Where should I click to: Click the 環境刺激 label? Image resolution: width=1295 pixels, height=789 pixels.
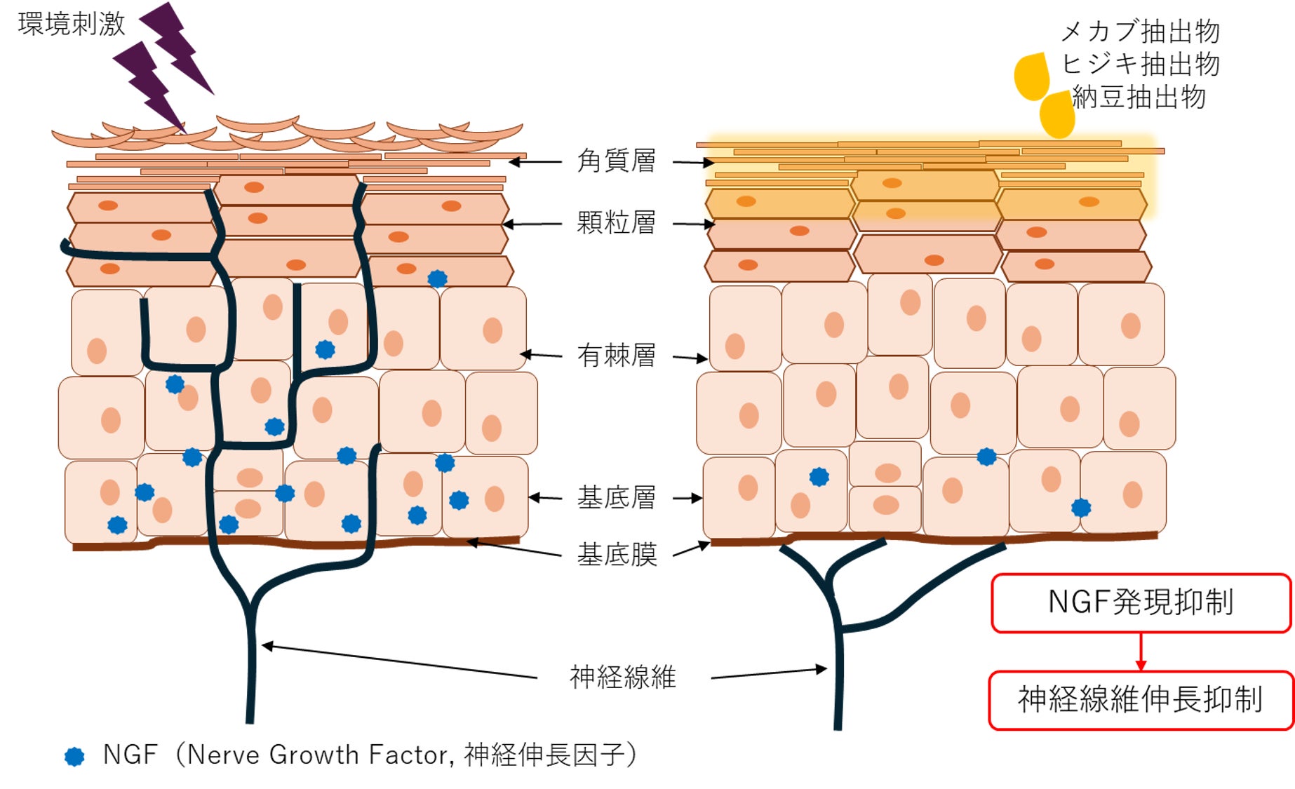[71, 23]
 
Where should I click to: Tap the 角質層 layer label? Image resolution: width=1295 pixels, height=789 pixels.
[616, 161]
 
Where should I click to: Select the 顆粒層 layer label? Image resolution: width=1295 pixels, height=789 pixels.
[616, 223]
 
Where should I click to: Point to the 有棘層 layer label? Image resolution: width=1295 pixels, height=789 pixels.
[616, 356]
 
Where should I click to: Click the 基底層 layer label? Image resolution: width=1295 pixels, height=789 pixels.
[616, 497]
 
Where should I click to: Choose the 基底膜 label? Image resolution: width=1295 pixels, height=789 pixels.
[616, 555]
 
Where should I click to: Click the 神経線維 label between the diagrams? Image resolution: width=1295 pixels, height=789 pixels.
[622, 677]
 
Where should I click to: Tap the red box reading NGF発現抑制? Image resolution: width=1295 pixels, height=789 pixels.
[1141, 602]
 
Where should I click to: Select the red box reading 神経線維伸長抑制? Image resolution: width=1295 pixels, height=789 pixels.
[1141, 700]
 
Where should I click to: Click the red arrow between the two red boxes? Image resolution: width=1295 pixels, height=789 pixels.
[1141, 652]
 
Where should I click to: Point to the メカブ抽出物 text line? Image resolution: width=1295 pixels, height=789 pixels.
[1140, 32]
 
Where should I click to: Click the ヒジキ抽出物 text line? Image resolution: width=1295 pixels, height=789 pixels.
[1140, 64]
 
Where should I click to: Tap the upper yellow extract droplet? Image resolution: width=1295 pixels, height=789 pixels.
[1031, 76]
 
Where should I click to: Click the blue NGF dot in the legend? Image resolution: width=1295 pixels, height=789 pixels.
[74, 756]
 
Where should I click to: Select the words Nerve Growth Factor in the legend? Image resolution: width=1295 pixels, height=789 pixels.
[319, 755]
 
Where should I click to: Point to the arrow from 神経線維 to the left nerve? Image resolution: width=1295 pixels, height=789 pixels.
[400, 661]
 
